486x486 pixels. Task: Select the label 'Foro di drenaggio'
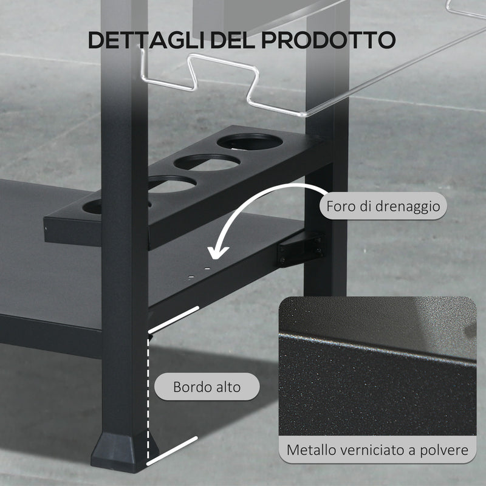tap(383, 207)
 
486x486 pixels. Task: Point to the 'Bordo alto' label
tap(207, 386)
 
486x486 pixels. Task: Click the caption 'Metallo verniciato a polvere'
tap(377, 451)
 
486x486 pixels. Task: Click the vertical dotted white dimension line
tap(149, 389)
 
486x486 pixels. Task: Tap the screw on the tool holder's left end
tap(48, 228)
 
